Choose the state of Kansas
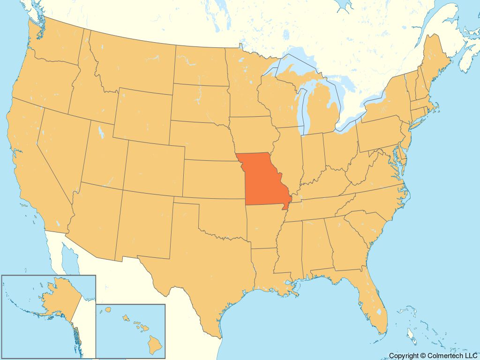tap(213, 178)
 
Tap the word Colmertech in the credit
tap(446, 356)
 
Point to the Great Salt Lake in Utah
tap(101, 131)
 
